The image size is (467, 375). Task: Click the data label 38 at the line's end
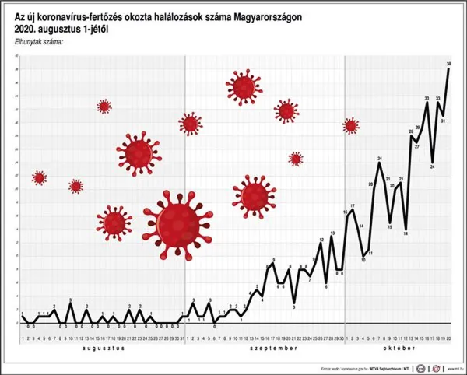point(450,63)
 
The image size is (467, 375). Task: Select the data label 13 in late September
point(332,233)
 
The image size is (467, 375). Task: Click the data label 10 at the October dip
point(363,260)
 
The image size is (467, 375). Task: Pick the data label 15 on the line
point(390,228)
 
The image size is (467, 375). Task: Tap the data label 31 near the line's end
point(442,121)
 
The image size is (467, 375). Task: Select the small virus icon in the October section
point(351,125)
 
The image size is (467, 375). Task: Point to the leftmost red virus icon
point(40,178)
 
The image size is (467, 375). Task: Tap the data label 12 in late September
point(321,240)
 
